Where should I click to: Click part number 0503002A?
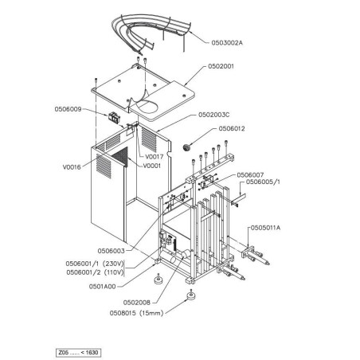click(228, 41)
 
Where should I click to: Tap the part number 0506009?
click(70, 108)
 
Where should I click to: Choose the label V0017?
click(155, 157)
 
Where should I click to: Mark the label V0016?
click(72, 168)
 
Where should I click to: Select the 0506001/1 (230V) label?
click(95, 263)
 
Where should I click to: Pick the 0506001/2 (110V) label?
click(95, 272)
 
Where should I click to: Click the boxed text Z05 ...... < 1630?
click(79, 351)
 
